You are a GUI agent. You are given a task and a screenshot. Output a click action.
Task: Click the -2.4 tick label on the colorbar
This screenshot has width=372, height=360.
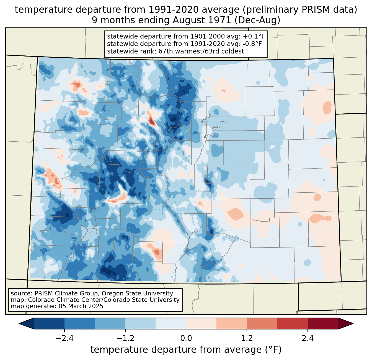coord(64,338)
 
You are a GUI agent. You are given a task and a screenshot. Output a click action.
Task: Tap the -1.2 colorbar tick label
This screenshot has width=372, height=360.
coord(125,338)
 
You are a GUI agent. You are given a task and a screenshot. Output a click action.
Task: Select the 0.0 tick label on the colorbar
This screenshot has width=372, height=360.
coord(186,338)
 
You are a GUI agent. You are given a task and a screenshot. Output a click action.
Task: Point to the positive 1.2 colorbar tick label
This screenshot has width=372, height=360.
coord(247,338)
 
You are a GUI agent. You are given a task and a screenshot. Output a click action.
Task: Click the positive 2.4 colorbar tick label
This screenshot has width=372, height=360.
coord(308,338)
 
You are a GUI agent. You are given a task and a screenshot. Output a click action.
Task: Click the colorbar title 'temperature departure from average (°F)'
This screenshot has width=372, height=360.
coord(186,350)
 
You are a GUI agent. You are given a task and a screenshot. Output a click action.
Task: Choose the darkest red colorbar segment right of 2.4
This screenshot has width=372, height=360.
coord(323,323)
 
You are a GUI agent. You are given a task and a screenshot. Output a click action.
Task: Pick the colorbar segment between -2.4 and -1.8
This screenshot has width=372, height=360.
coord(80,323)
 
